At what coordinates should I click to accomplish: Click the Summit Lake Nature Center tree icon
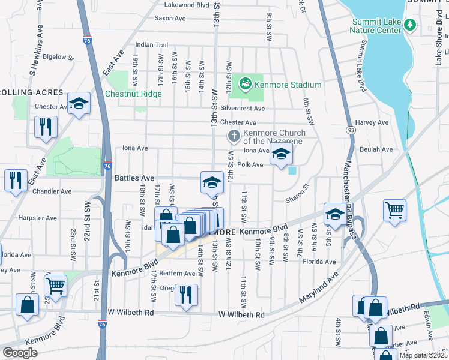(411, 25)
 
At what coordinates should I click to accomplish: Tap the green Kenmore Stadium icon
(246, 85)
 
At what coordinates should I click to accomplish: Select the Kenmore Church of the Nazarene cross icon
(234, 137)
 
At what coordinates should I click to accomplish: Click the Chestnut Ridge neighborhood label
(133, 94)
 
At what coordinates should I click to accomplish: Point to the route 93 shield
(350, 130)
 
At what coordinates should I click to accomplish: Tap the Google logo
(20, 352)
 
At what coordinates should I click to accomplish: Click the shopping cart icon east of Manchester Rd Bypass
(394, 210)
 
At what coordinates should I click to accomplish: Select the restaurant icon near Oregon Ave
(186, 294)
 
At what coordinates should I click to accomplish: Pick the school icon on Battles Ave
(211, 182)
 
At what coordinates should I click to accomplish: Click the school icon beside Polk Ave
(280, 154)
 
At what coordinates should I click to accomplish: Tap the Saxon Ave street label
(170, 19)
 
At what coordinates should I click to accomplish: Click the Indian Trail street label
(152, 44)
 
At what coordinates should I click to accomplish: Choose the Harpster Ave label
(37, 217)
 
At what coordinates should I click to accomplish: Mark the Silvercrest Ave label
(243, 109)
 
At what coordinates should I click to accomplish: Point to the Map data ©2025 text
(423, 355)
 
